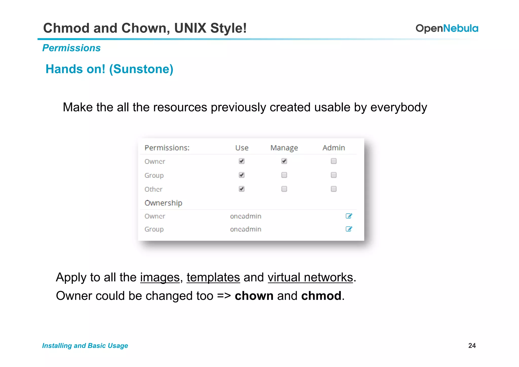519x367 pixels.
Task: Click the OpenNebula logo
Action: pos(447,28)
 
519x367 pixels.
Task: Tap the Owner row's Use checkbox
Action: pos(242,161)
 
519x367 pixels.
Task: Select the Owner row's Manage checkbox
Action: pos(284,161)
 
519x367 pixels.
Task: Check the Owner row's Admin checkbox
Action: pos(333,161)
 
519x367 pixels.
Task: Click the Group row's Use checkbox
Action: pos(242,175)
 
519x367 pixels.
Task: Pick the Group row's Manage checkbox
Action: pos(284,175)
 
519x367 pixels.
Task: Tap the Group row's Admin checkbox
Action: pos(333,175)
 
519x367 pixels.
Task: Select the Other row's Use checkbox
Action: pos(242,189)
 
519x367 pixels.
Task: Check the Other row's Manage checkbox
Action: pos(284,189)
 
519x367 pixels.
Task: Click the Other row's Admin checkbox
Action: pos(333,189)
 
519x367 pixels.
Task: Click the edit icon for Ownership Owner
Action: pos(349,216)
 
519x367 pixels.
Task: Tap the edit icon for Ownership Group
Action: pos(349,229)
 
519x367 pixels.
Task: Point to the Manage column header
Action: pos(284,148)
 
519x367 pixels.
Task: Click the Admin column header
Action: pos(333,148)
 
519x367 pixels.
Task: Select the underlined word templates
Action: pos(213,277)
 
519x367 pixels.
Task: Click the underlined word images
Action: pos(160,277)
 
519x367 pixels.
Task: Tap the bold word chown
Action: pos(254,296)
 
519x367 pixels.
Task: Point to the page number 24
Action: pos(472,345)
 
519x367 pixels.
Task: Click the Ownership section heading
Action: pos(163,203)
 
